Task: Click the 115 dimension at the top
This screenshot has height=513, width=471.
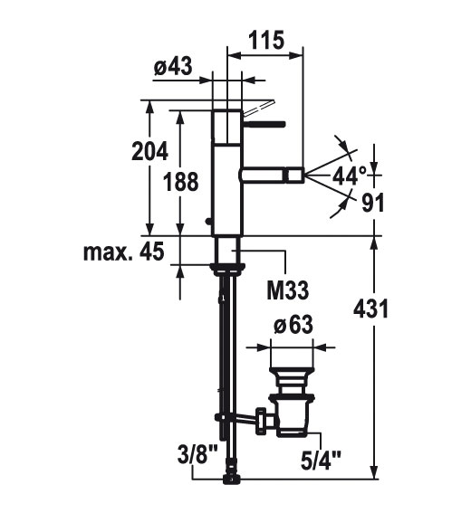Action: point(266,40)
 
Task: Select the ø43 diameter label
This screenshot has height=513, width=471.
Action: point(173,66)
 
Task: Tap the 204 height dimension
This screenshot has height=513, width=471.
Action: point(149,151)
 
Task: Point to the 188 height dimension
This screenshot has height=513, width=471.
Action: point(181,182)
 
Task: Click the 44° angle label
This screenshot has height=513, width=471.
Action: point(350,176)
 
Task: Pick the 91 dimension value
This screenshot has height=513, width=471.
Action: point(373,203)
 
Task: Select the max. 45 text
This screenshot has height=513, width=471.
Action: point(123,252)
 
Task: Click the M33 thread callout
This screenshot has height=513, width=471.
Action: point(288,290)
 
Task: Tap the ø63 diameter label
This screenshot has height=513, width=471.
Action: point(293,325)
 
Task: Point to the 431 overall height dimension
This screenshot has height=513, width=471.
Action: point(370,309)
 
